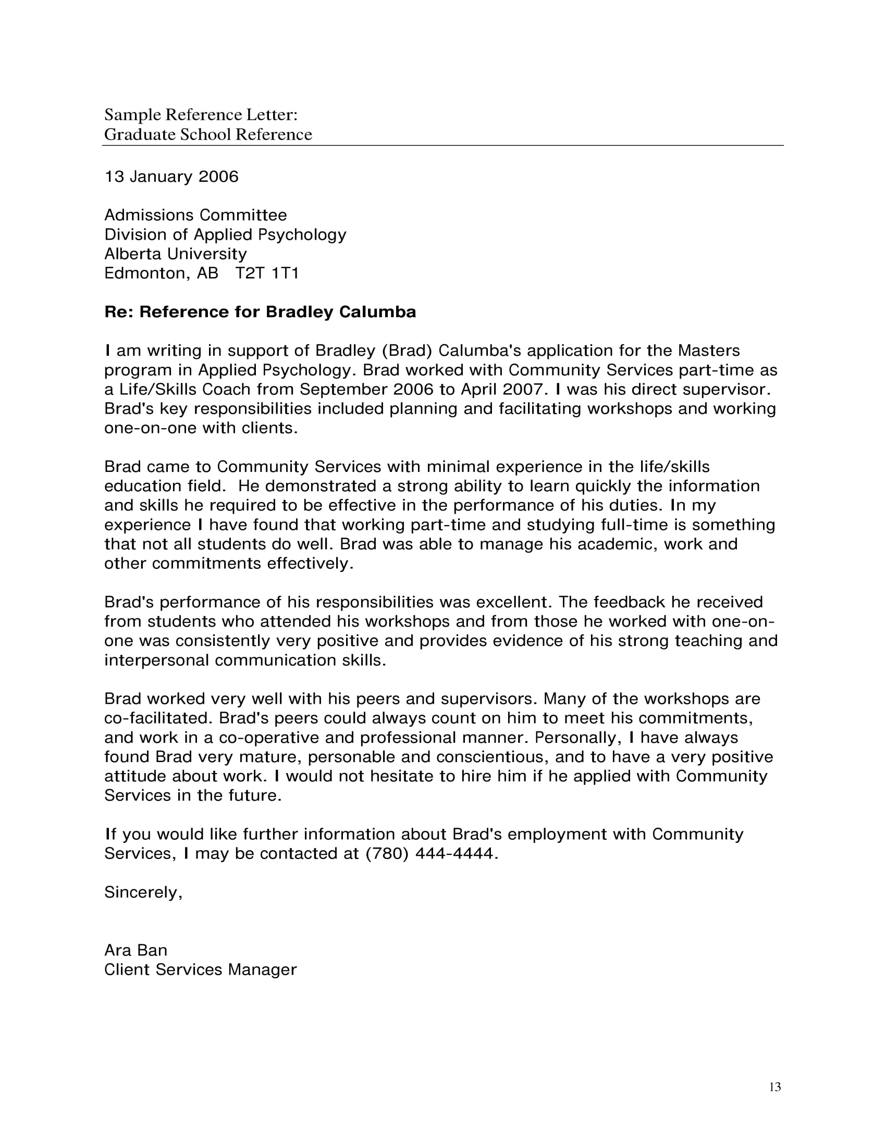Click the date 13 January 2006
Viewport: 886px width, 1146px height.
tap(171, 176)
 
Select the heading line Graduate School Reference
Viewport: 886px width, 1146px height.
tap(208, 135)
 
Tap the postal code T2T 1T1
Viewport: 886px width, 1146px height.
tap(267, 273)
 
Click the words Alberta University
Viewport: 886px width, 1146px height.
tap(175, 254)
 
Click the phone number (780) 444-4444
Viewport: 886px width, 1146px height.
tap(429, 854)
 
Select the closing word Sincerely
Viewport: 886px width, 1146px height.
tap(143, 892)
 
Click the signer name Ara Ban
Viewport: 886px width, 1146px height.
tap(136, 950)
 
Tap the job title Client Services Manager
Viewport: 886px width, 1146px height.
tap(201, 970)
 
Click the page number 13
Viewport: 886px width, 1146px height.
tap(774, 1087)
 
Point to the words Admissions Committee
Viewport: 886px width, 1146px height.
tap(195, 215)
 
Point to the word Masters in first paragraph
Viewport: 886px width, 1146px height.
tap(709, 351)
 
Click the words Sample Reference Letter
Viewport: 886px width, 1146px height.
tap(201, 115)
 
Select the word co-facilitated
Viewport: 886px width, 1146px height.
tap(156, 718)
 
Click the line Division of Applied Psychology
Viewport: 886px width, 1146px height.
tap(225, 234)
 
